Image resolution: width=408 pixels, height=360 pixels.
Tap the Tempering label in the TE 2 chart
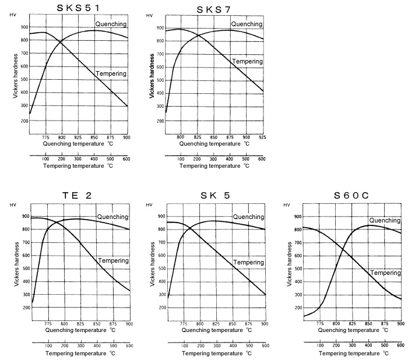click(x=114, y=260)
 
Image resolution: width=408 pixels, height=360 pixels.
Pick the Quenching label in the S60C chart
click(x=384, y=221)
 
